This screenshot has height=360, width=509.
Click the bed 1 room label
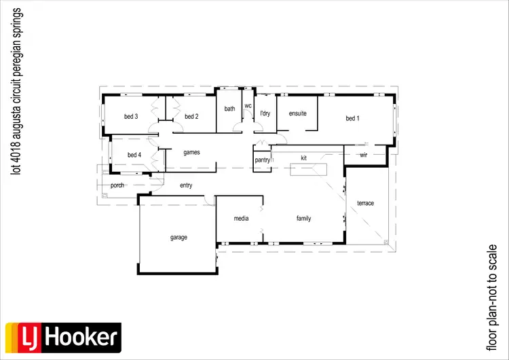click(352, 119)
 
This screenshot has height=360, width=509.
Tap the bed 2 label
click(191, 117)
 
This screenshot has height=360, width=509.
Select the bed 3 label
click(131, 117)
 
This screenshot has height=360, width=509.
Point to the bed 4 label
click(134, 155)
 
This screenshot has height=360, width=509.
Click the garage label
click(178, 238)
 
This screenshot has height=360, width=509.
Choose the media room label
click(241, 219)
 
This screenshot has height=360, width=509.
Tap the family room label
click(303, 219)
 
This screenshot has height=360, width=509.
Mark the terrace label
click(365, 203)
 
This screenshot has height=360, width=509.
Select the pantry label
click(263, 160)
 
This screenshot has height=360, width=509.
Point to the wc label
click(248, 106)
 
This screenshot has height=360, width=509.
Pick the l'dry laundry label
click(265, 113)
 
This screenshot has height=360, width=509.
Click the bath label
click(230, 109)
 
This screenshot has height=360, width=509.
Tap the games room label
click(191, 153)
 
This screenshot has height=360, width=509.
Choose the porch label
click(117, 185)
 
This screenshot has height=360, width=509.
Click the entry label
click(186, 185)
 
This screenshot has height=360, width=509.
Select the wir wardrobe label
click(363, 156)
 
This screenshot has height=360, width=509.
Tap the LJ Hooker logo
click(62, 336)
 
